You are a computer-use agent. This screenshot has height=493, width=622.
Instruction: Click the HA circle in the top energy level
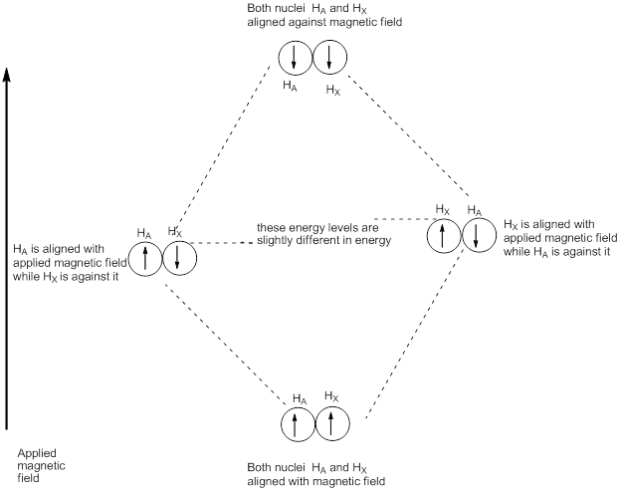click(295, 59)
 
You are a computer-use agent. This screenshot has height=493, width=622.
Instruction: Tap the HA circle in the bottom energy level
click(296, 424)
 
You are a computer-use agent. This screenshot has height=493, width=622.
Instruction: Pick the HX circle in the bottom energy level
click(330, 424)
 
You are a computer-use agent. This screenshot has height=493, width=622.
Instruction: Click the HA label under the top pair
click(290, 87)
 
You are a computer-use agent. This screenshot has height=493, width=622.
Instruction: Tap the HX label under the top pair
click(333, 89)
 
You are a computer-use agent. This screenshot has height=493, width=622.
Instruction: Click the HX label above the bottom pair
click(332, 396)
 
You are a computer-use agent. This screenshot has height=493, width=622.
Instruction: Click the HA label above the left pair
click(144, 232)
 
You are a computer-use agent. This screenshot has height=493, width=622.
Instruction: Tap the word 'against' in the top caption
click(305, 22)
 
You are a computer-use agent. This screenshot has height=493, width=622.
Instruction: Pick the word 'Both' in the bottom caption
click(261, 466)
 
